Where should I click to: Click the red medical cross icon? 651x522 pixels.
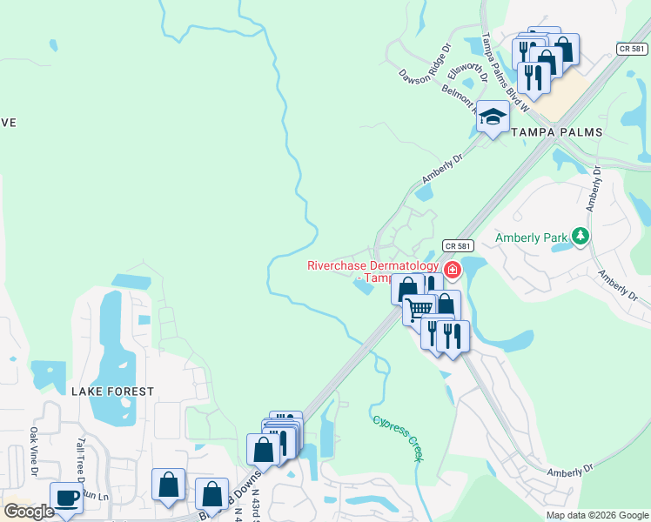(453, 271)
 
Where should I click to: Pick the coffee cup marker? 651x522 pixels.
(67, 499)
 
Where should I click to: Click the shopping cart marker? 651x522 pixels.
(419, 309)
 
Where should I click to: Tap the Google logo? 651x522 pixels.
(29, 512)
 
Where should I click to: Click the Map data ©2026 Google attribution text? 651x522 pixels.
(597, 515)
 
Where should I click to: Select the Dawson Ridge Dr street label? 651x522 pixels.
(426, 64)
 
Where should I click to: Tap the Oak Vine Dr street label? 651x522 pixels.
(34, 451)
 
